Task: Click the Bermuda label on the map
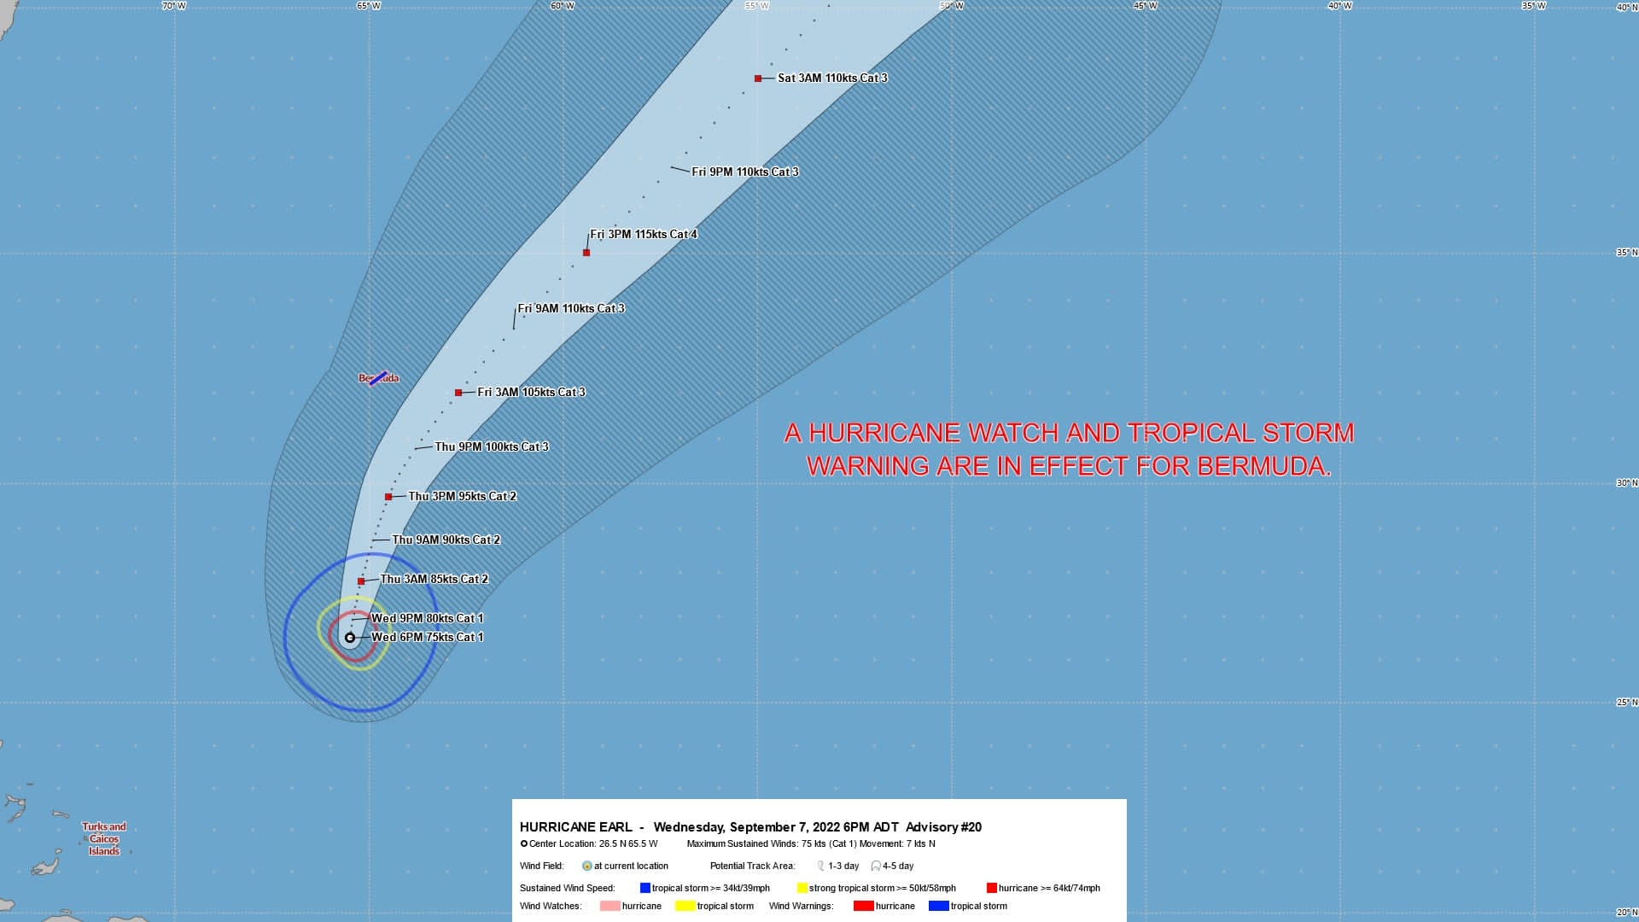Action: coord(378,378)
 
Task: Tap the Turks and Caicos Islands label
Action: coord(104,839)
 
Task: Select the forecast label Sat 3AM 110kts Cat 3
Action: coord(832,79)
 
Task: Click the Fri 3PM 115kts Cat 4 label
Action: coord(644,235)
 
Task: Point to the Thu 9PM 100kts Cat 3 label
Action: coord(492,447)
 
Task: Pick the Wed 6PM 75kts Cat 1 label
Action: coord(428,638)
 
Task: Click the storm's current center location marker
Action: coord(350,638)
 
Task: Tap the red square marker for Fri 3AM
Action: coord(458,393)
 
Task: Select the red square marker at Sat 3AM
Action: coord(758,79)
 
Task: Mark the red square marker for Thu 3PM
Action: coord(388,497)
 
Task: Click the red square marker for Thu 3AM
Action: coord(361,581)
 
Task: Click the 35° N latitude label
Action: coord(1626,253)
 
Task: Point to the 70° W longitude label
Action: coord(174,6)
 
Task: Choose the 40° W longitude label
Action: coord(1339,6)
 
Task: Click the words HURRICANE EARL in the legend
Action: coord(576,827)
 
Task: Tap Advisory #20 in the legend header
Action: coord(943,827)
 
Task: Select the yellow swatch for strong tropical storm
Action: coord(802,889)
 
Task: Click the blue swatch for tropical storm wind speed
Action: coord(645,889)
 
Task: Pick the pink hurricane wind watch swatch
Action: coord(610,907)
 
